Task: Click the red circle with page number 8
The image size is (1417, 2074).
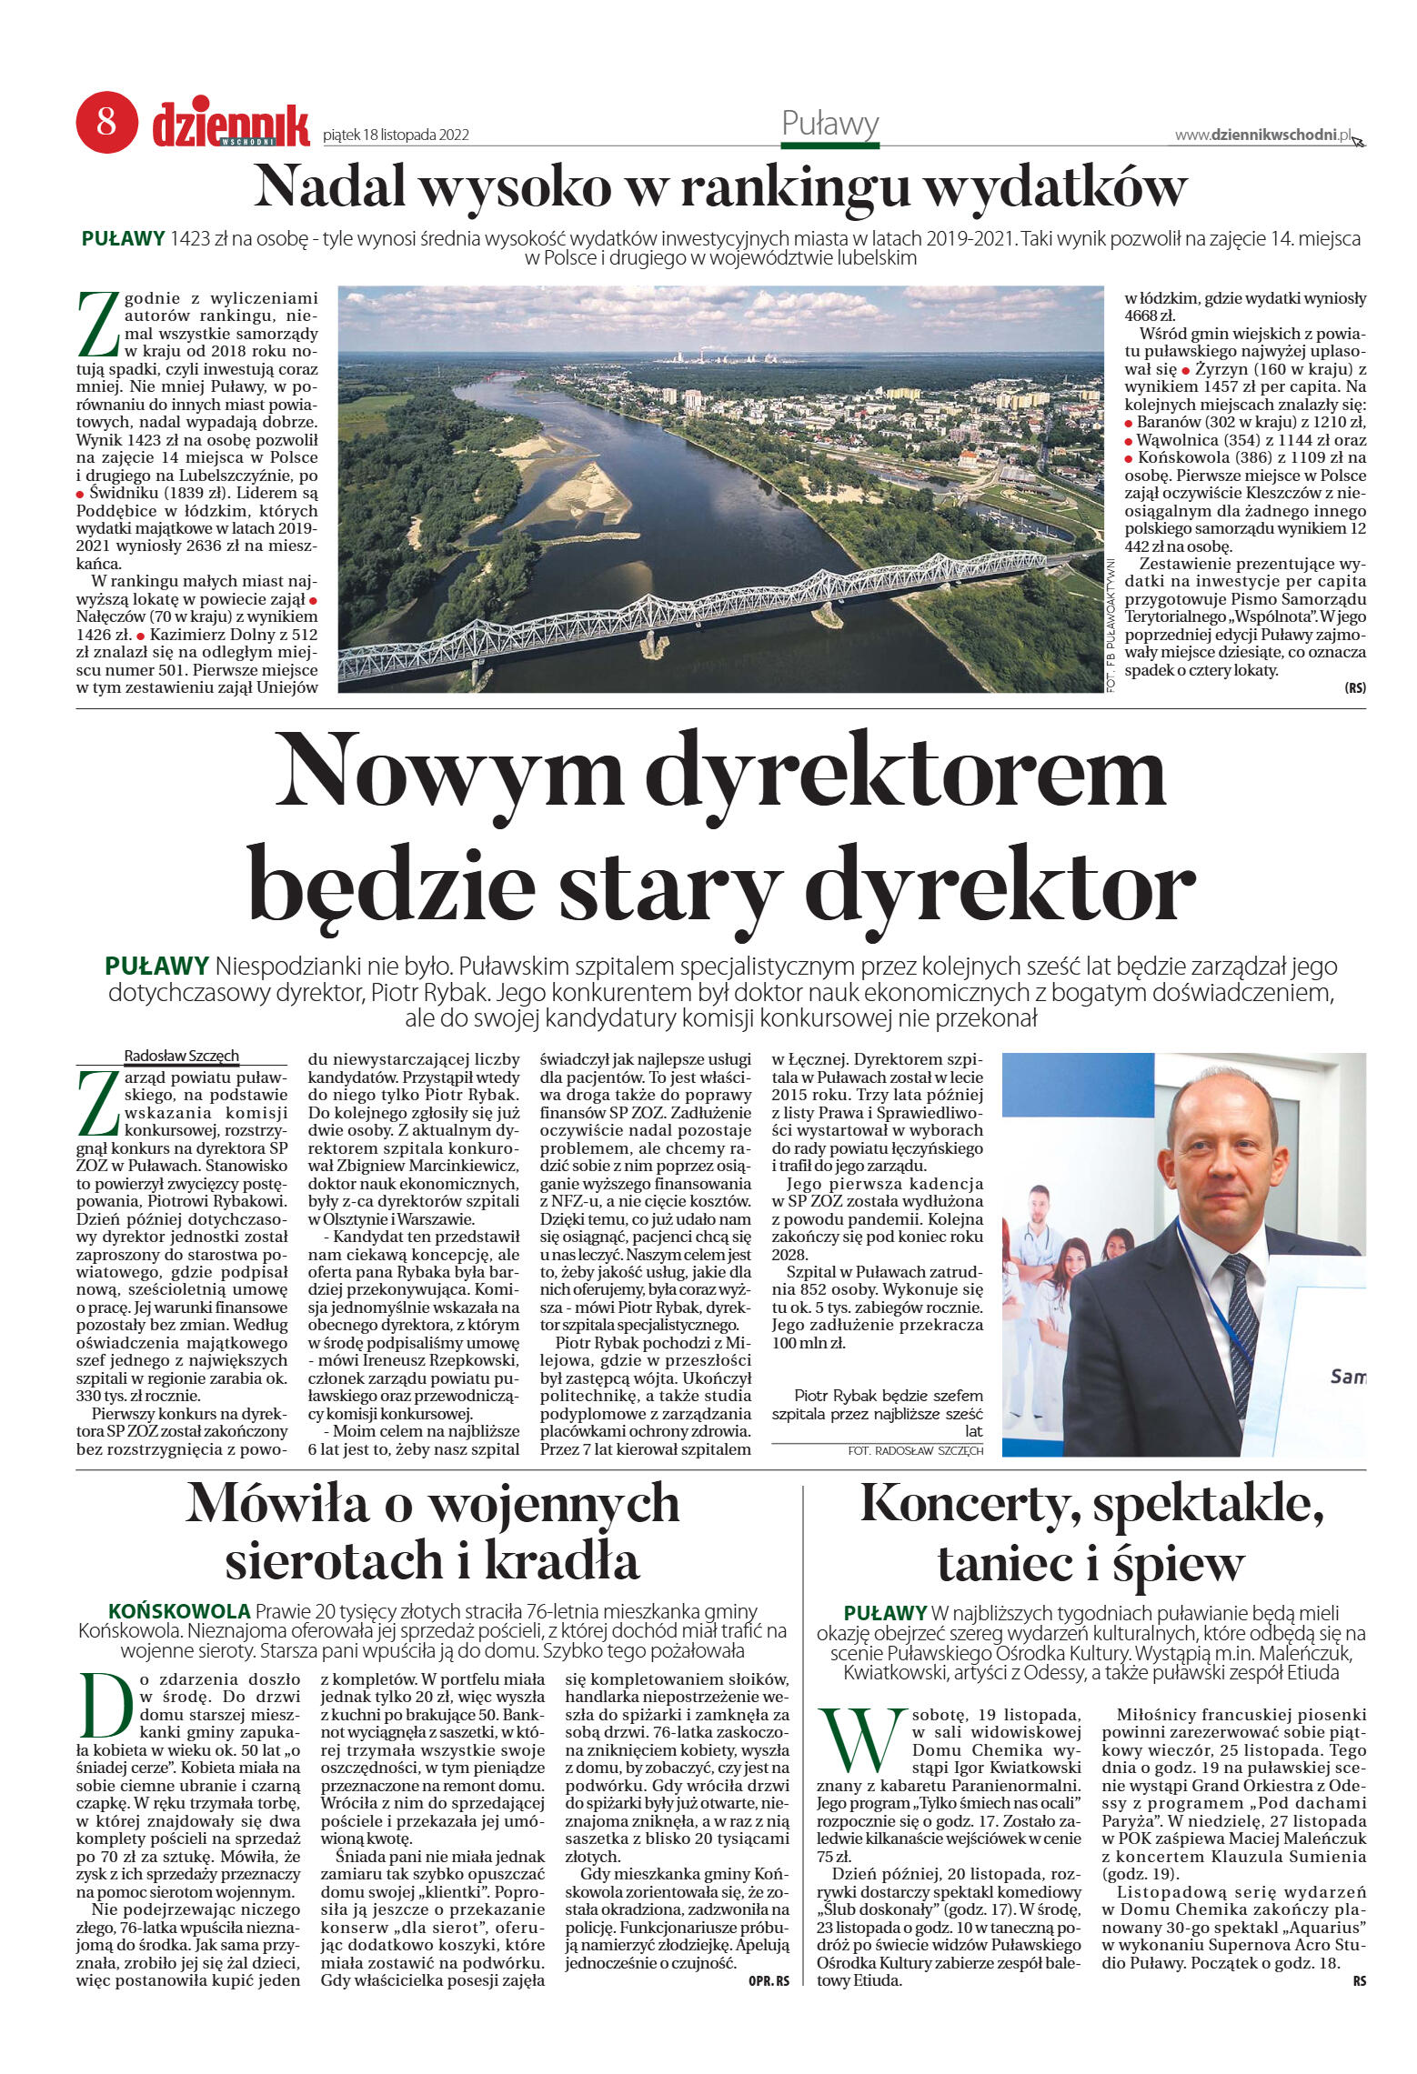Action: coord(106,121)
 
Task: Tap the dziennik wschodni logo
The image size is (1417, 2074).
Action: coord(230,125)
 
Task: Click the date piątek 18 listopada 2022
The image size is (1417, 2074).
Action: coord(396,135)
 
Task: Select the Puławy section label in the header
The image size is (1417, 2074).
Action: coord(829,124)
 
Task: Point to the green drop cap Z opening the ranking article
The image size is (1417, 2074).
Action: coord(97,325)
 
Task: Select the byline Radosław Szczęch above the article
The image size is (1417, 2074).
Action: coord(181,1056)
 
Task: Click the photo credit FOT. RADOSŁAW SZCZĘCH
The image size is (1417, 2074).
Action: coord(915,1451)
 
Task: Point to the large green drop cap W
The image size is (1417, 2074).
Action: coord(860,1738)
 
